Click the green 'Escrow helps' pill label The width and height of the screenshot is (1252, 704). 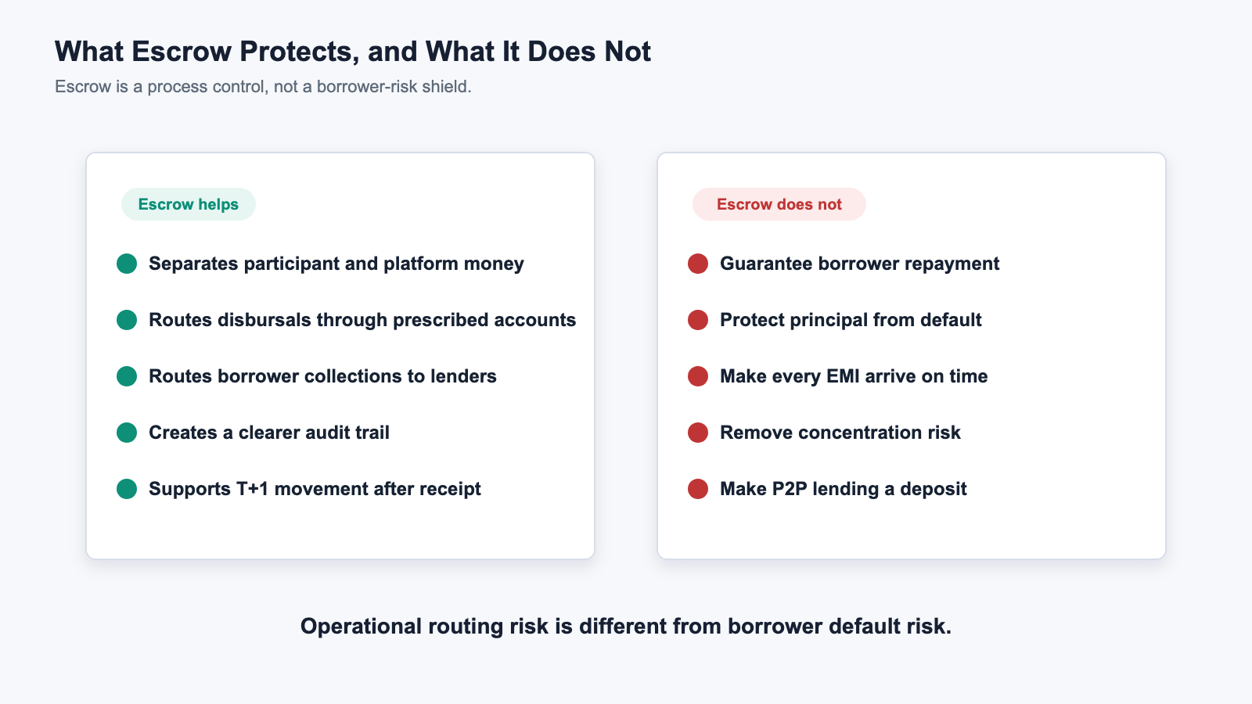pos(189,204)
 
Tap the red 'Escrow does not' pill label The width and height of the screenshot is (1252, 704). pos(779,204)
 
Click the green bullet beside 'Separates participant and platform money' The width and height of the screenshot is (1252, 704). pos(127,264)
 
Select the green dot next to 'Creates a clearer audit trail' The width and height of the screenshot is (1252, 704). pos(127,433)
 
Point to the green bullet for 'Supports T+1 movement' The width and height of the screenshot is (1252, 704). pos(127,489)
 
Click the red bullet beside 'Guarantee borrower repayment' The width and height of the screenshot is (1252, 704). pos(698,264)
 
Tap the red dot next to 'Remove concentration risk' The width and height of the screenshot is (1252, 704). pos(698,433)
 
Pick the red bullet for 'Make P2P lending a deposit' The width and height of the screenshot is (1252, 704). pos(698,489)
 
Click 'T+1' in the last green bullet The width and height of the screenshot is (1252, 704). pos(252,489)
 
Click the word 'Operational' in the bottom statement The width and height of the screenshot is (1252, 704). pos(361,627)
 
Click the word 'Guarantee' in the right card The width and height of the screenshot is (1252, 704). pos(766,264)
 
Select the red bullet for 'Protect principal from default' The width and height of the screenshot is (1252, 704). pos(698,320)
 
